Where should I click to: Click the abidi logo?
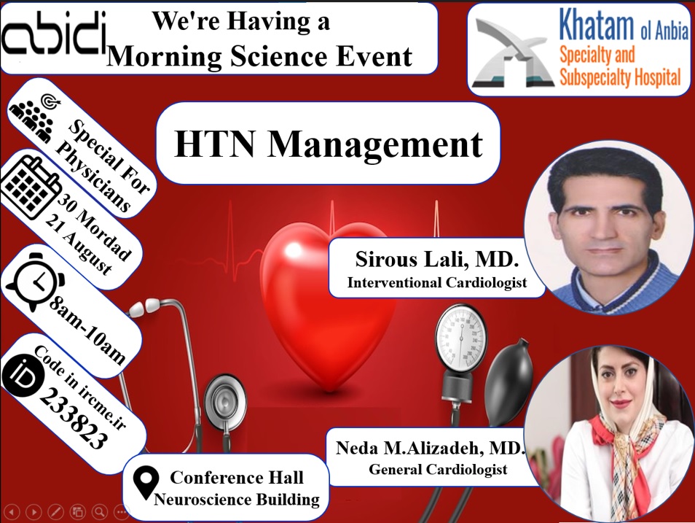click(54, 34)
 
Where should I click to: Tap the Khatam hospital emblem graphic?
click(513, 53)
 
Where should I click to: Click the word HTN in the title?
click(215, 144)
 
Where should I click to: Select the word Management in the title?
click(374, 144)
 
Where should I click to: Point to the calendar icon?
click(30, 187)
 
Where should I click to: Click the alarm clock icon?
click(36, 282)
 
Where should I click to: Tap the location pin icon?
click(146, 484)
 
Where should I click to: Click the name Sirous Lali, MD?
click(437, 259)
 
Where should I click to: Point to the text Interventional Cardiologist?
click(437, 282)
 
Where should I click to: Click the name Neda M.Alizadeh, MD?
click(430, 448)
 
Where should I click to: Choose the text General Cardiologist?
click(438, 469)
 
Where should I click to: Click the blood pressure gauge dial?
click(461, 338)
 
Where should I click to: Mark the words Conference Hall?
click(237, 477)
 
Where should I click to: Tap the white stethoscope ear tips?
click(144, 306)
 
